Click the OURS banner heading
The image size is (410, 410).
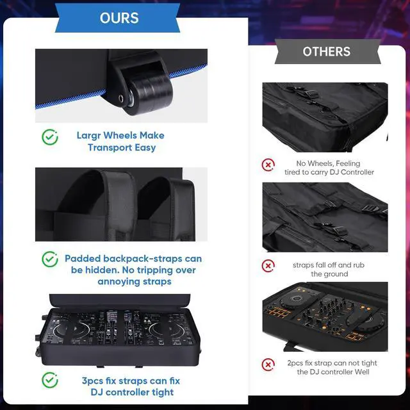pyautogui.click(x=119, y=18)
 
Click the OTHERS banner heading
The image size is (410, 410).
pyautogui.click(x=327, y=51)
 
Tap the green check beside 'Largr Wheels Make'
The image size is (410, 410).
pyautogui.click(x=50, y=137)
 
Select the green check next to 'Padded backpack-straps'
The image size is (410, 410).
pyautogui.click(x=50, y=259)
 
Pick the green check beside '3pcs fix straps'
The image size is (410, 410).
pyautogui.click(x=50, y=380)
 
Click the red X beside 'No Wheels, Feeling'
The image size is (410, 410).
pyautogui.click(x=268, y=165)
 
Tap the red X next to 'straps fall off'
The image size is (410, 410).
pyautogui.click(x=268, y=266)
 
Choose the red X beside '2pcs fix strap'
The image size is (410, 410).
pyautogui.click(x=268, y=365)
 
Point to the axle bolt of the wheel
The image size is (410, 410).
pyautogui.click(x=121, y=99)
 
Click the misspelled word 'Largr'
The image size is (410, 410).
pyautogui.click(x=88, y=136)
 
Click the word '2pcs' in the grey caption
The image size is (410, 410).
pyautogui.click(x=295, y=363)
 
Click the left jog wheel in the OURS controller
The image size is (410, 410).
pyautogui.click(x=71, y=331)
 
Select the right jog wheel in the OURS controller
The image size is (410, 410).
pyautogui.click(x=167, y=331)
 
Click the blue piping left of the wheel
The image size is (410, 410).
pyautogui.click(x=70, y=99)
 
